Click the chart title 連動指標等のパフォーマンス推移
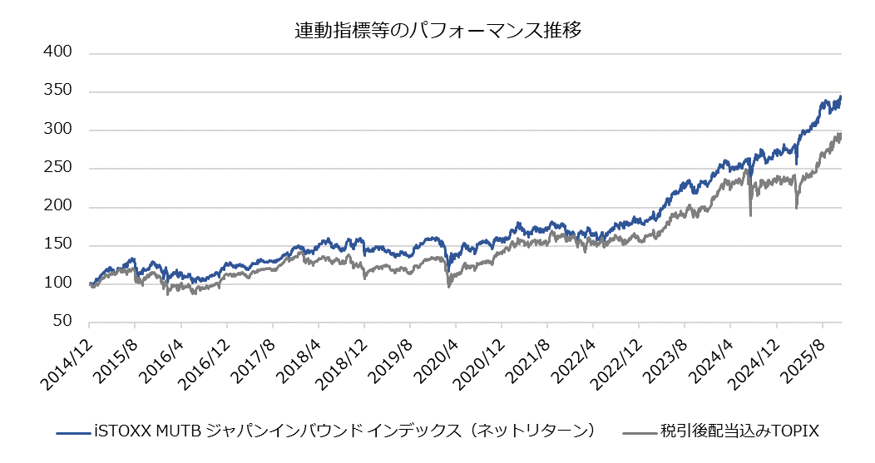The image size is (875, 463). (437, 32)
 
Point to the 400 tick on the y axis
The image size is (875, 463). (57, 52)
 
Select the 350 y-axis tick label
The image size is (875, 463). (57, 91)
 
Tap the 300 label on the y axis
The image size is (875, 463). (57, 130)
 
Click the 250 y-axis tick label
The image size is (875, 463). (57, 168)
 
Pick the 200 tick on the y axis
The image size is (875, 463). (57, 207)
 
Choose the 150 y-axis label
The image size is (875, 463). (57, 245)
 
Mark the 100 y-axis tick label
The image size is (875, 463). (57, 283)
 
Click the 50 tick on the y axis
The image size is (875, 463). (62, 322)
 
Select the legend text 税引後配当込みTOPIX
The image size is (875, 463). (740, 431)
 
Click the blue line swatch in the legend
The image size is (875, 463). (72, 432)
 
